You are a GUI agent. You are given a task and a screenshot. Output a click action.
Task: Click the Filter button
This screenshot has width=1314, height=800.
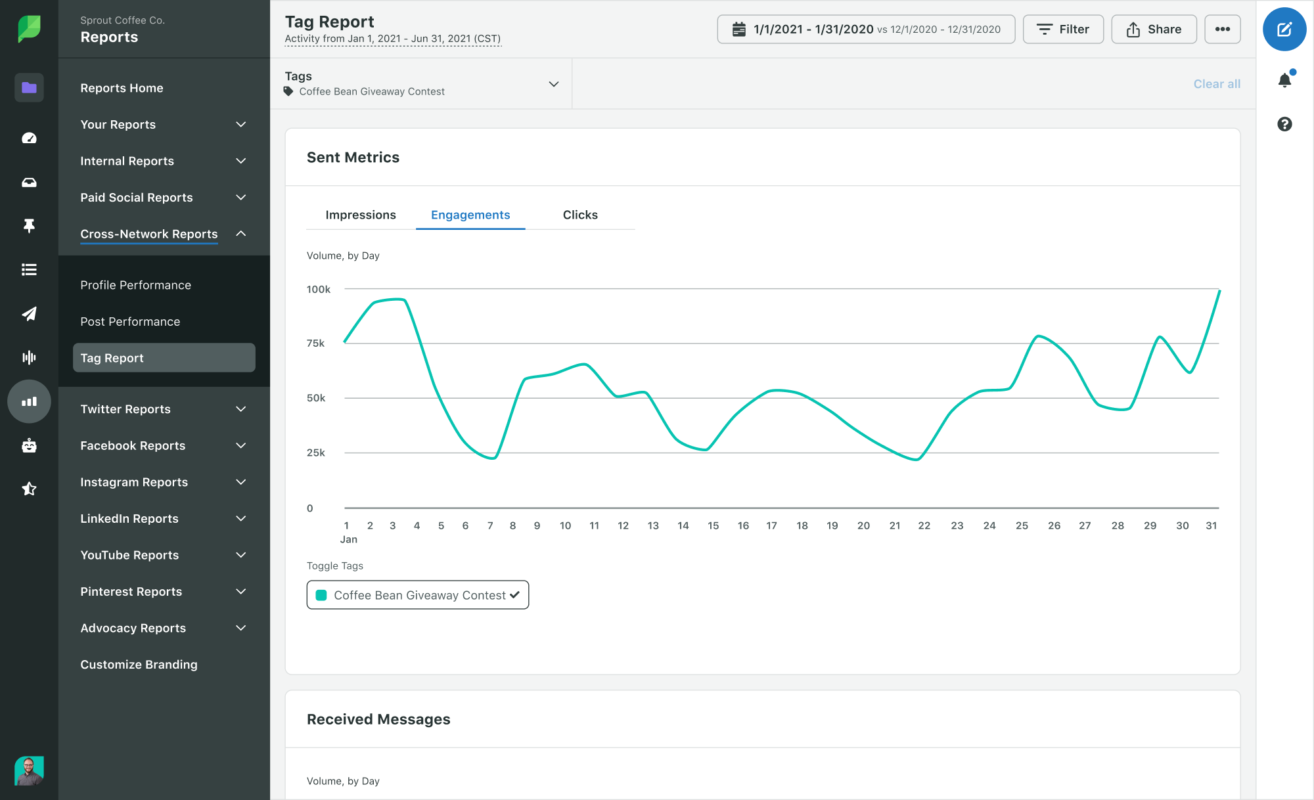pos(1063,30)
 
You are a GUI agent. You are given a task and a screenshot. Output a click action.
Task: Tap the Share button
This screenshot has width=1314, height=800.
pos(1154,30)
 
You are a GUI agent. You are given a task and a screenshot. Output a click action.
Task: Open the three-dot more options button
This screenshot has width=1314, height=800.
pos(1222,30)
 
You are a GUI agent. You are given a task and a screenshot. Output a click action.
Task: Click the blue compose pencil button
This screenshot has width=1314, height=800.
pos(1284,30)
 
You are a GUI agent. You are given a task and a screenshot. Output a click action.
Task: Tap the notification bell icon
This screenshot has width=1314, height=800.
pos(1284,80)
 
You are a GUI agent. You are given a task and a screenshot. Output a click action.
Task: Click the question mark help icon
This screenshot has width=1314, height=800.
pos(1284,124)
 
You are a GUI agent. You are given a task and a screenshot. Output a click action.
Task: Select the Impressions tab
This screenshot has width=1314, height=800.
pos(361,215)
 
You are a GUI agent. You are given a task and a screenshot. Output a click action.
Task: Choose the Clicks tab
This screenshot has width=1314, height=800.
pos(580,215)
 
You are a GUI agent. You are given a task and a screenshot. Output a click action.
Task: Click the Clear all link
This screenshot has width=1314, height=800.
pos(1217,84)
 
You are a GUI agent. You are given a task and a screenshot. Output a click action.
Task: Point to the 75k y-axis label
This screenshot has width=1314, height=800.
pos(316,344)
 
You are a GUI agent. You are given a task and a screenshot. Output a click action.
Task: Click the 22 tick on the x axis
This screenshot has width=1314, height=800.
pos(924,525)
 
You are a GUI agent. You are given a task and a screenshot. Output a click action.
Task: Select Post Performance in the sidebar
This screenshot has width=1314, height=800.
pos(130,322)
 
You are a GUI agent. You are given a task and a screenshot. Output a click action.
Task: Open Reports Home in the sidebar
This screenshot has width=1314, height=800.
pos(122,88)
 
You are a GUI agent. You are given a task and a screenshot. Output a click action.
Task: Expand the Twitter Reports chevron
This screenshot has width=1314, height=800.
pos(241,409)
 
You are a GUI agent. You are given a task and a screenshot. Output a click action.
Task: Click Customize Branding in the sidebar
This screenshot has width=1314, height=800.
pos(139,665)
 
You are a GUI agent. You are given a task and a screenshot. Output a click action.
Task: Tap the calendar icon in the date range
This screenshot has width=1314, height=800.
pos(739,30)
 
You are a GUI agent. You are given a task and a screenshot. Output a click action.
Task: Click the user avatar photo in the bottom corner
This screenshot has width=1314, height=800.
pos(29,770)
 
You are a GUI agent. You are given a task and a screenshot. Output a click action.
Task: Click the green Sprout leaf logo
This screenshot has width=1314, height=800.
pos(29,28)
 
